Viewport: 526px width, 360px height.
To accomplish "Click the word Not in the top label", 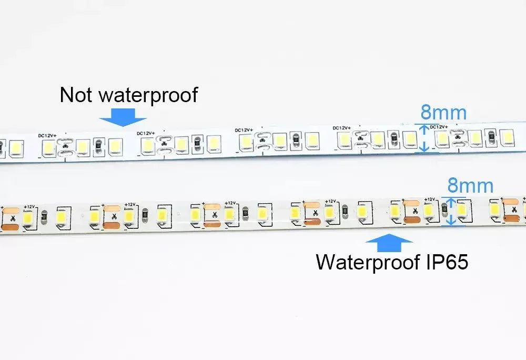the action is click(75, 95).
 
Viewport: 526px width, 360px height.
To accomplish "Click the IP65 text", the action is click(447, 262).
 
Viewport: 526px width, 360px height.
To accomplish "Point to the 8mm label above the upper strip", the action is click(443, 113).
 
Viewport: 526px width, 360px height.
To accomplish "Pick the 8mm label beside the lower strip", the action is click(470, 186).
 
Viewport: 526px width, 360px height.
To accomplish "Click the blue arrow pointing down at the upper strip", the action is click(123, 117).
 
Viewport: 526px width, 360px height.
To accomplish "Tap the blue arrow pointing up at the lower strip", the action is click(389, 243).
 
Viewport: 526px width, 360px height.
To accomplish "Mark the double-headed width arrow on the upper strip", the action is click(424, 138).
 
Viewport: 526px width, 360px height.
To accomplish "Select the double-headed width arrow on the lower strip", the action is click(451, 212).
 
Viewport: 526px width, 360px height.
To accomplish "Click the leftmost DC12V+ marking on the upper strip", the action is click(47, 136).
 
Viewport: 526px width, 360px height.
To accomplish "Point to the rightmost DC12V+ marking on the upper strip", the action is click(439, 127).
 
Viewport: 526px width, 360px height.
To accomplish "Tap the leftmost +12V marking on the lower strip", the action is click(29, 207).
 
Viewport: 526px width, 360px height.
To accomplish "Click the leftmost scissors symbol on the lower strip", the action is click(13, 218).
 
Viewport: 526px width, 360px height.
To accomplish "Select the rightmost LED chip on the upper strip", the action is click(507, 136).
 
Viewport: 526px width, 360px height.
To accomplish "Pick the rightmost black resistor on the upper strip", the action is click(491, 136).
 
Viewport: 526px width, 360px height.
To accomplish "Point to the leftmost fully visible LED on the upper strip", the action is click(16, 148).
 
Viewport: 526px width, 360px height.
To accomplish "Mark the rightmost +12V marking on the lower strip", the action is click(430, 199).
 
